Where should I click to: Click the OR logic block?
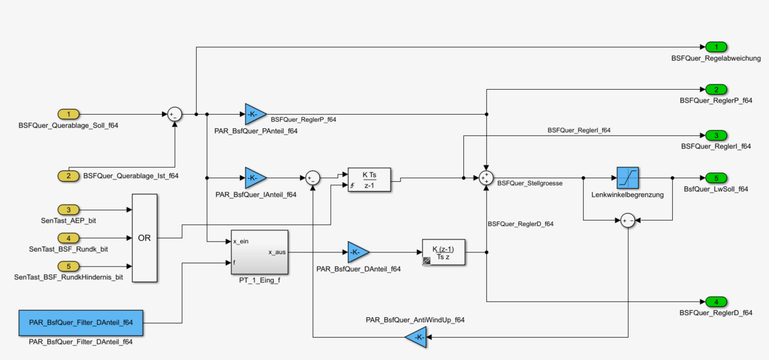coord(144,238)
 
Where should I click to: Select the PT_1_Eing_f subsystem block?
coord(259,252)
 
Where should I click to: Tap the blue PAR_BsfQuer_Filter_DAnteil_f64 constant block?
coord(81,322)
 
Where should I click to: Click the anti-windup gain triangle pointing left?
coord(417,337)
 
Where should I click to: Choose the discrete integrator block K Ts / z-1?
coord(369,180)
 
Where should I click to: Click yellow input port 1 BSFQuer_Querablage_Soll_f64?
coord(69,114)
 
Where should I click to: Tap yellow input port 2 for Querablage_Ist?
coord(69,176)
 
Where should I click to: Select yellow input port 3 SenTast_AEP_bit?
coord(69,209)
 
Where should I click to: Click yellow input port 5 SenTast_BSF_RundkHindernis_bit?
coord(69,265)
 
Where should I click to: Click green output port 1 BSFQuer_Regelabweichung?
coord(716,47)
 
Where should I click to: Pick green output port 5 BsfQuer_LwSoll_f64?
coord(716,177)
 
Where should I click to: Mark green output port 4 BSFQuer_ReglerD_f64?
coord(716,301)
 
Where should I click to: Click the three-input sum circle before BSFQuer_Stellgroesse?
coord(486,177)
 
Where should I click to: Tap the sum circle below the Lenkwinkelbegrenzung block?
coord(627,220)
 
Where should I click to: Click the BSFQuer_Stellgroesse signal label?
coord(529,183)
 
